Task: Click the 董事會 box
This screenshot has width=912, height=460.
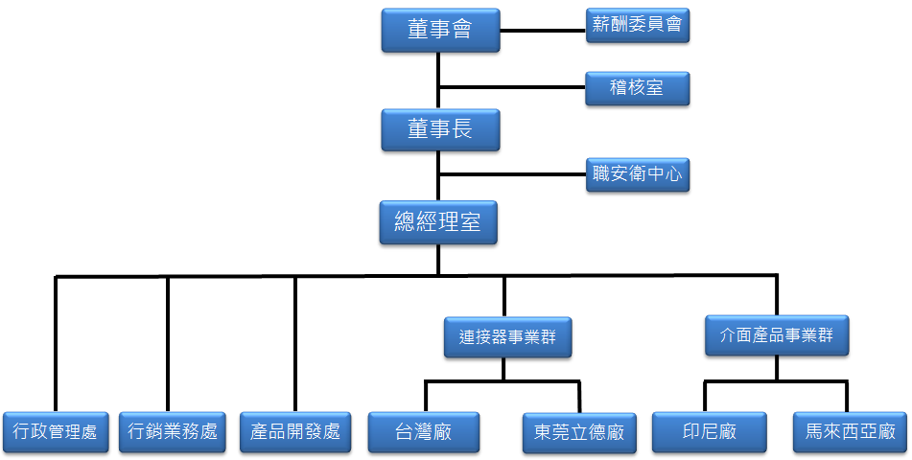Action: click(439, 31)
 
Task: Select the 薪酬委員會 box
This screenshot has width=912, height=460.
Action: click(637, 25)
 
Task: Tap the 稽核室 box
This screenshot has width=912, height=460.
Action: click(637, 89)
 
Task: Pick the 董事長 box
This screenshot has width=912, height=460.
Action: click(439, 129)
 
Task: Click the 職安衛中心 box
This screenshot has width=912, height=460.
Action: click(637, 174)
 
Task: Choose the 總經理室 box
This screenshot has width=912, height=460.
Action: click(439, 223)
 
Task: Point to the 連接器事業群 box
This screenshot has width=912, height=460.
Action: click(507, 337)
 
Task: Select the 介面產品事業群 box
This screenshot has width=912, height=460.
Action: click(777, 335)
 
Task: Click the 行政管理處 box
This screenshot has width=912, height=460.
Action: click(56, 431)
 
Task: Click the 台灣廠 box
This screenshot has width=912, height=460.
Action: click(424, 432)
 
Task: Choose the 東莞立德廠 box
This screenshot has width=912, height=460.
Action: click(578, 433)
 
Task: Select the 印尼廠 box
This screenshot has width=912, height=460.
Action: click(708, 432)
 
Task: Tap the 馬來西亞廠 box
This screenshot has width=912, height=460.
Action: click(851, 432)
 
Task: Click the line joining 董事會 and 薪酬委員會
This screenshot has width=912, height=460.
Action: click(543, 30)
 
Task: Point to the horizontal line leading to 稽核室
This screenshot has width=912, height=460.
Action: click(512, 89)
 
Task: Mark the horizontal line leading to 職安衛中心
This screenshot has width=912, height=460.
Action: click(512, 174)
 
